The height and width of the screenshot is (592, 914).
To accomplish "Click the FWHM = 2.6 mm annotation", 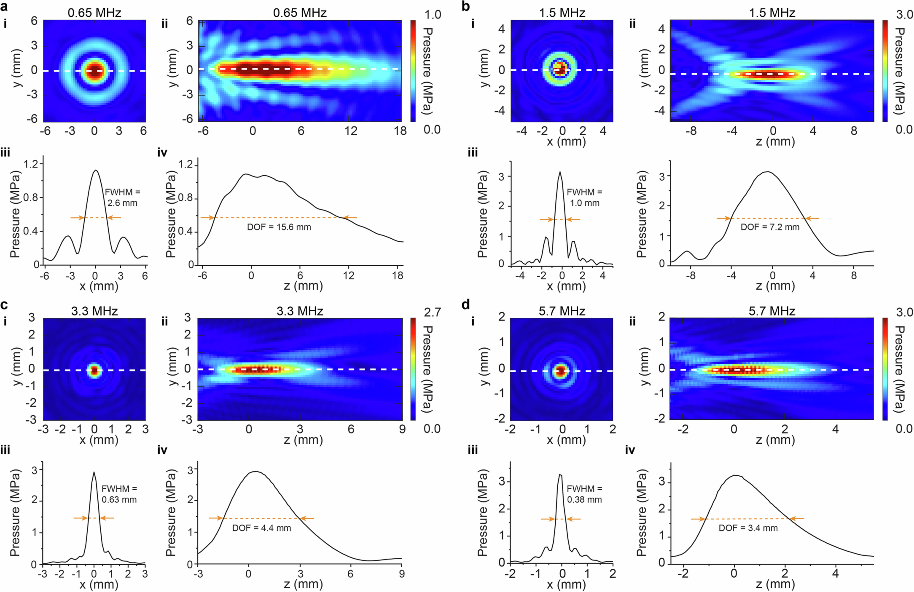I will pos(122,197).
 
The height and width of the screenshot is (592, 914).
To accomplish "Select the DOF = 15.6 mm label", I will pos(279,227).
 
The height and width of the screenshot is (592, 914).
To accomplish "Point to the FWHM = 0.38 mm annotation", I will pos(584,494).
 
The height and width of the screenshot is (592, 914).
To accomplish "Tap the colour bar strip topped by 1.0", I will pos(413,71).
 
